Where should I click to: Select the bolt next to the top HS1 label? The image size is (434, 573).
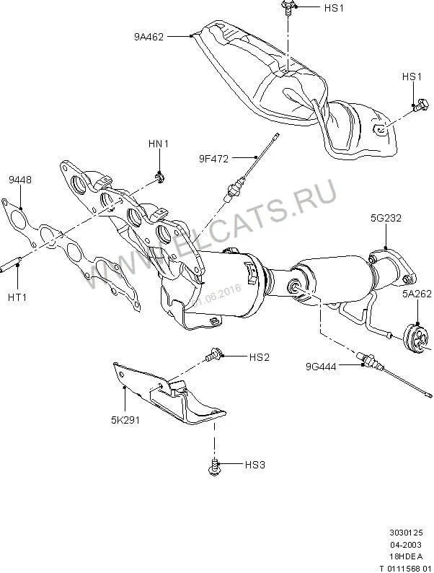click(287, 8)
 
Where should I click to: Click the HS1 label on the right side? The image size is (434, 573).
click(412, 76)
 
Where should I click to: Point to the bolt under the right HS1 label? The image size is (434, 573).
click(417, 105)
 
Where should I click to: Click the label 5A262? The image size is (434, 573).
click(416, 294)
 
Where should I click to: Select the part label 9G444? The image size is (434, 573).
click(319, 366)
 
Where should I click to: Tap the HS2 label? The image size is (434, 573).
click(259, 357)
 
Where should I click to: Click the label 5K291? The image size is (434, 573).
click(125, 416)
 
